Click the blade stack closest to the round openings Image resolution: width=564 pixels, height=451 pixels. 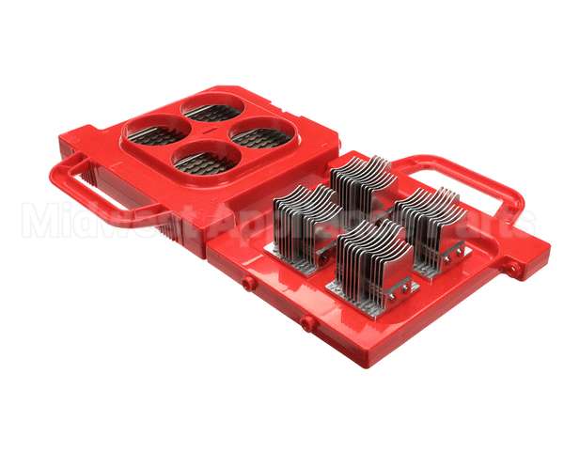pos(306,218)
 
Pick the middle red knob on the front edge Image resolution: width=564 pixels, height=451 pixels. pos(307,323)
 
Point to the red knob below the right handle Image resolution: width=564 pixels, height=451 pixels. pos(513,270)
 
